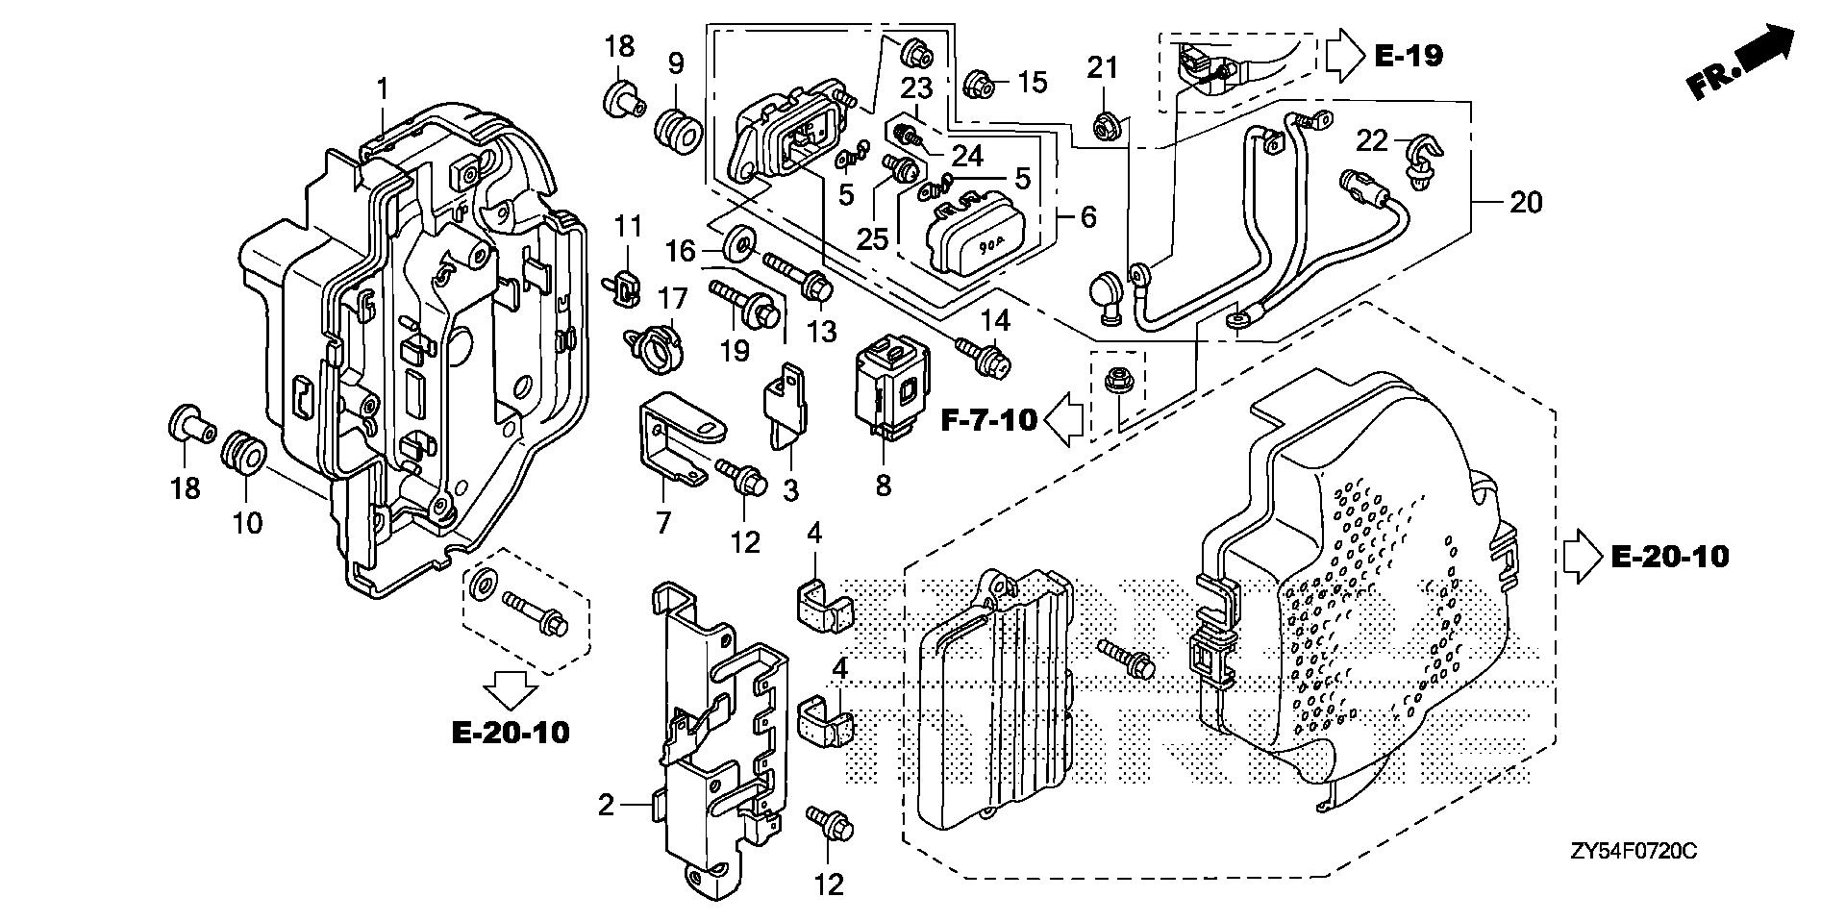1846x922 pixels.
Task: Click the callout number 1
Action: tap(383, 89)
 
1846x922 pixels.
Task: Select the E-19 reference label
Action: tap(1409, 56)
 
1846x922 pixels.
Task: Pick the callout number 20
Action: tap(1526, 203)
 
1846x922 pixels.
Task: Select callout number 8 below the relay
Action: tap(883, 486)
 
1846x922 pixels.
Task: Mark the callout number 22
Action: tap(1374, 141)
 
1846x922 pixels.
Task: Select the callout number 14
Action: tap(994, 319)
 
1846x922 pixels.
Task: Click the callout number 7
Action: tap(663, 522)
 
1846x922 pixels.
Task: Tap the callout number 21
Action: tap(1104, 68)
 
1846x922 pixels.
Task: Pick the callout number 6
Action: tap(1087, 218)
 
